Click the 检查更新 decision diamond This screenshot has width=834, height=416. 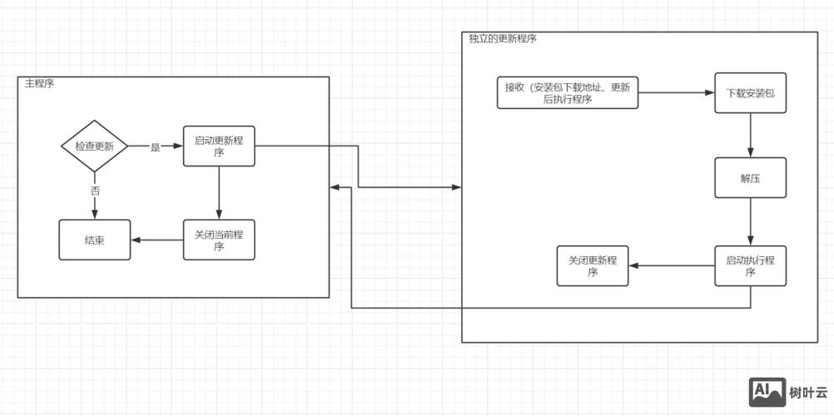(x=94, y=146)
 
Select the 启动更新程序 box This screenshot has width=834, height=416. (x=219, y=146)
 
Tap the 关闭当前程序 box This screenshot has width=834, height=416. (x=219, y=240)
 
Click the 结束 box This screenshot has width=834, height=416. (x=94, y=240)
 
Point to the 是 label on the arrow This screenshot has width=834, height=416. (x=155, y=147)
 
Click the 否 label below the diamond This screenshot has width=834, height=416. (x=95, y=191)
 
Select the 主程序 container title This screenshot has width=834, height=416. (x=39, y=84)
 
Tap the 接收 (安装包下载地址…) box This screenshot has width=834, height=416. (x=568, y=92)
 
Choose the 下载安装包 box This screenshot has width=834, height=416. (x=750, y=93)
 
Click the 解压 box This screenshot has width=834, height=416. (x=750, y=177)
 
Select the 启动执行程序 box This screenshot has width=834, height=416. (x=750, y=265)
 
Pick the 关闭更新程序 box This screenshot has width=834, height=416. (x=593, y=265)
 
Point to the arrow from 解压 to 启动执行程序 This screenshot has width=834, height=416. (x=751, y=221)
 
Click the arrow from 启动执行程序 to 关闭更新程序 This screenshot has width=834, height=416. (x=672, y=266)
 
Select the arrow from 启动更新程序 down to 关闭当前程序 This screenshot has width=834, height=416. (x=219, y=192)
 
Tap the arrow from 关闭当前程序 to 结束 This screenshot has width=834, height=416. (x=157, y=240)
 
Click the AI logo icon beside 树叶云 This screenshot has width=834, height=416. (x=767, y=392)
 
